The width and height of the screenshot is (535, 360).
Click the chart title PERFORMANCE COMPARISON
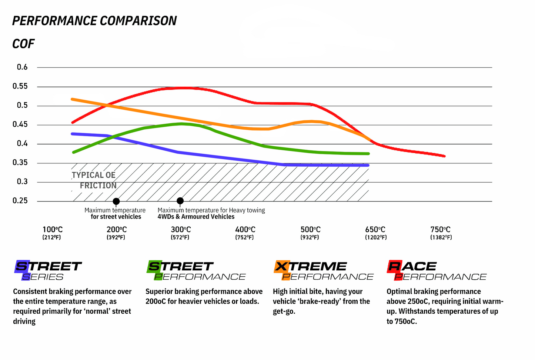pos(94,21)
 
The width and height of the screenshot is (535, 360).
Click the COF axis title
pos(23,44)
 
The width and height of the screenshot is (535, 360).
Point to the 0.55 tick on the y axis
pos(20,86)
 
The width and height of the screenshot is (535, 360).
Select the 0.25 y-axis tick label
pos(20,201)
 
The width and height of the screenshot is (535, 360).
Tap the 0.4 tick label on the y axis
pos(22,144)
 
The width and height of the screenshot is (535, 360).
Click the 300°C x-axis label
pos(181,230)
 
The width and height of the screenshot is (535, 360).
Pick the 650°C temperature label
pos(375,230)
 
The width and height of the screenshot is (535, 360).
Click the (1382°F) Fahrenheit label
pos(441,237)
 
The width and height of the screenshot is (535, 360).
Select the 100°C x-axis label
pos(52,230)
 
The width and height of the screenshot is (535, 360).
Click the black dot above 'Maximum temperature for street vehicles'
pos(116,201)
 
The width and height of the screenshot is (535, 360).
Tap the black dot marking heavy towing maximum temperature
pos(180,201)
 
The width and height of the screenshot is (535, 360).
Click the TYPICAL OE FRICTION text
pos(94,180)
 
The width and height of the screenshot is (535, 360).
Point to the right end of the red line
pos(444,156)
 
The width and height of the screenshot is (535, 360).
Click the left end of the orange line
pos(72,99)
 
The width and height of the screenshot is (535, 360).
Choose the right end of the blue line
pos(368,165)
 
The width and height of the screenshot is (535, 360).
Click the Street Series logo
pos(48,271)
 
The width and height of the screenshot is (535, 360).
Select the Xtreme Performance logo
pos(323,271)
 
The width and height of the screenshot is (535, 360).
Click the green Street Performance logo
pos(196,271)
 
